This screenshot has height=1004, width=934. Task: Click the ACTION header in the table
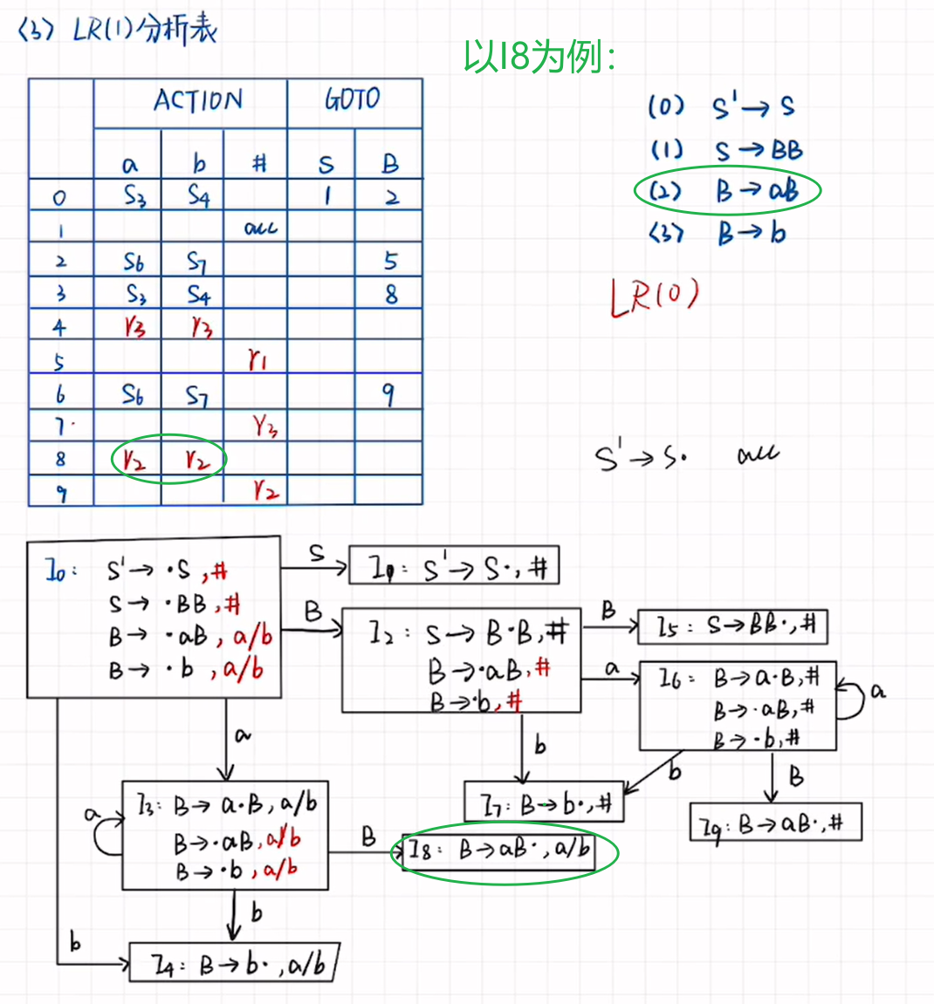(198, 101)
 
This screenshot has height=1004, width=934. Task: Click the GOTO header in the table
(353, 99)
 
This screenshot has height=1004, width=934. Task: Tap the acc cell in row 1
(260, 229)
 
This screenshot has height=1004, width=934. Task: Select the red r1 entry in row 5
(258, 359)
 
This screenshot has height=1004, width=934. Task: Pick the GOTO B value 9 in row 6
(388, 395)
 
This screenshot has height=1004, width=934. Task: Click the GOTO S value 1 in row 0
(326, 196)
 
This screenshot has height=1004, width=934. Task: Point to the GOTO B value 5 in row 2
(390, 261)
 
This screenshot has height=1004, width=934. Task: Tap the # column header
(258, 164)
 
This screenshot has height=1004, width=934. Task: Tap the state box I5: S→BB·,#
(731, 626)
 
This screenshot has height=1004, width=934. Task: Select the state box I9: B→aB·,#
(775, 823)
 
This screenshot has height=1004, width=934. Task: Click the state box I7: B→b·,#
(544, 803)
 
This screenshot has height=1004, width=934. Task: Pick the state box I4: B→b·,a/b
(233, 964)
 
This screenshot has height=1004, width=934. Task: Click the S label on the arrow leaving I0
(316, 553)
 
